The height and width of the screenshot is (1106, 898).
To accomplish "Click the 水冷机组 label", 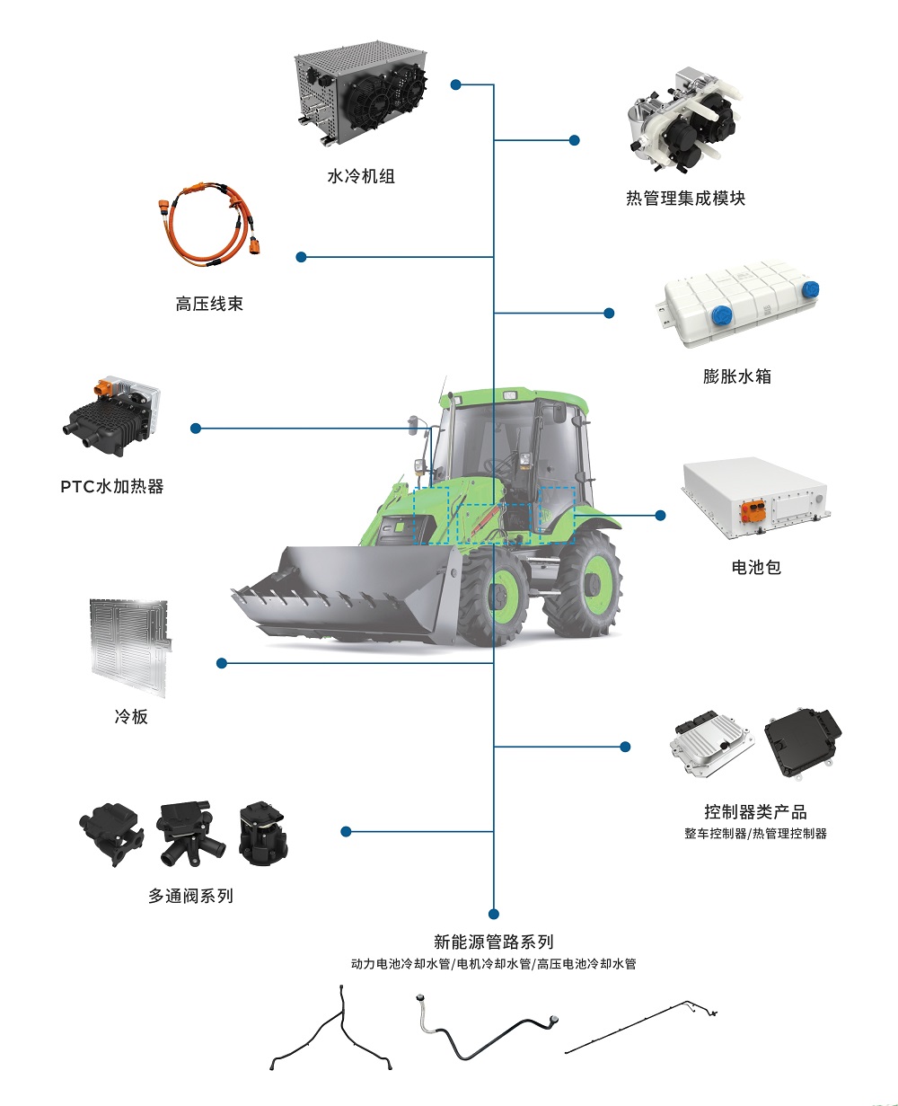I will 361,176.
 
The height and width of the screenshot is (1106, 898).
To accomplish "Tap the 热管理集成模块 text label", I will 686,199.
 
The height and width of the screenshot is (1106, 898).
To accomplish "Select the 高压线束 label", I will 209,304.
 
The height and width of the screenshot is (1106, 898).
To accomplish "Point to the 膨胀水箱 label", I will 737,376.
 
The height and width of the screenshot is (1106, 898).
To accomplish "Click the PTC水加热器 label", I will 112,487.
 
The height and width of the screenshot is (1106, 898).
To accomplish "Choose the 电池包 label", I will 756,567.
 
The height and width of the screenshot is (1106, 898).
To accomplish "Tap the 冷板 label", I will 131,716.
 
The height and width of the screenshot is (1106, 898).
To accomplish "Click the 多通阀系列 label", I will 190,895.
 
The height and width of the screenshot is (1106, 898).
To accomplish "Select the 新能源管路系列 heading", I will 494,942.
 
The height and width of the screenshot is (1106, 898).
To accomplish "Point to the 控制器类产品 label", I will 755,812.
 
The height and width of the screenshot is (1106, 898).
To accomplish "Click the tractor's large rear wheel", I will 581,583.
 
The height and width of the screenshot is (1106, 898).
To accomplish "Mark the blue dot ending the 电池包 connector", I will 661,515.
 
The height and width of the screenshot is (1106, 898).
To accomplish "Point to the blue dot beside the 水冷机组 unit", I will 456,85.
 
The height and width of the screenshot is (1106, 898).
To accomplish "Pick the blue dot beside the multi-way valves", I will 347,831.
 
